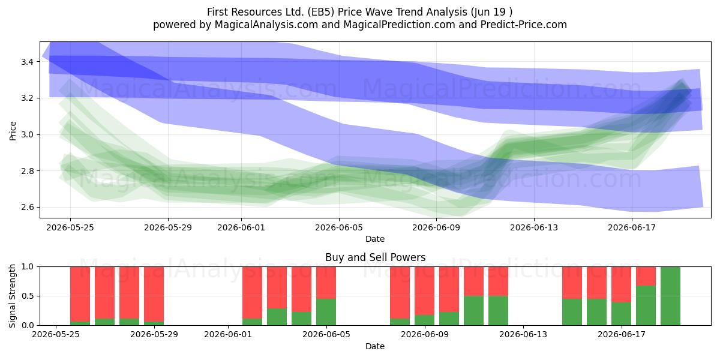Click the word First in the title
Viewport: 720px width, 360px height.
click(218, 12)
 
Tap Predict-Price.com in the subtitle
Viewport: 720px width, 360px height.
click(524, 25)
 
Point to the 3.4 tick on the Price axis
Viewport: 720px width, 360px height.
click(27, 62)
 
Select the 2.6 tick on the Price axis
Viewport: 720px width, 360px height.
click(27, 208)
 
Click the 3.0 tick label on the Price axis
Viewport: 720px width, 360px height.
click(27, 134)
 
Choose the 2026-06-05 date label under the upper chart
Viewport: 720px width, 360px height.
click(339, 227)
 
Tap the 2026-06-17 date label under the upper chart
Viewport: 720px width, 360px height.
click(632, 227)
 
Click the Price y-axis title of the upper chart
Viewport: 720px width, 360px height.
click(13, 131)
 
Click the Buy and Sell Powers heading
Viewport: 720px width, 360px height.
click(375, 257)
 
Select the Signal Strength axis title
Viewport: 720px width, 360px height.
click(12, 296)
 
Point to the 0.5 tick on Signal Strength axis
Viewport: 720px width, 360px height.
click(27, 296)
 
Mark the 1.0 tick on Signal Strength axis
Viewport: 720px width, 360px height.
click(27, 267)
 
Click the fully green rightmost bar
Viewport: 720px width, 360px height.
click(670, 296)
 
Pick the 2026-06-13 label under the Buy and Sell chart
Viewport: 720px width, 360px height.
click(523, 335)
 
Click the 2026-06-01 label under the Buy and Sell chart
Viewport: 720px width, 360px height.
click(228, 335)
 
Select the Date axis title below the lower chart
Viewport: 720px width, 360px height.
click(375, 346)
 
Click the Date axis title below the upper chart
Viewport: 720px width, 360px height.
click(375, 239)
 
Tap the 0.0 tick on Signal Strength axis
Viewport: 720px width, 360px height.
click(27, 325)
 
